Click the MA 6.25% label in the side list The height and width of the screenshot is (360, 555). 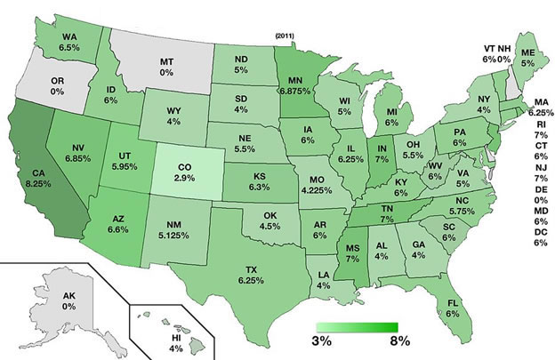coord(537,107)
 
